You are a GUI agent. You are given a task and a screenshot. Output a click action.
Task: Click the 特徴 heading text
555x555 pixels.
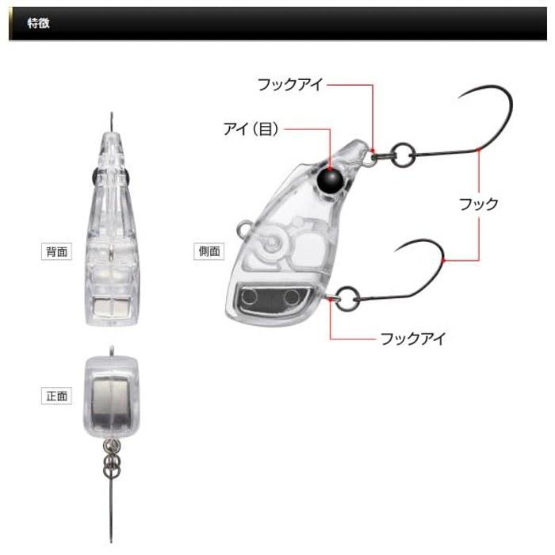coord(39,23)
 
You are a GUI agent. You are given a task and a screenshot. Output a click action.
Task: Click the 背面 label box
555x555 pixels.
coord(56,251)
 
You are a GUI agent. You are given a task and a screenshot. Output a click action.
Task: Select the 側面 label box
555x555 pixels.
coord(209,251)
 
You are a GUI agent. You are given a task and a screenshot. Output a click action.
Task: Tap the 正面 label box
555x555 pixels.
coord(56,396)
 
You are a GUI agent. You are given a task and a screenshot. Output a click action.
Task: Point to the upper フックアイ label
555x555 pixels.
coord(290,85)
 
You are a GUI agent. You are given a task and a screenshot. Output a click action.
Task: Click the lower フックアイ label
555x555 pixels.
coord(412,339)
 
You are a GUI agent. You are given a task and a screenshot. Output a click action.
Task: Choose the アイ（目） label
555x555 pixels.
coord(251,128)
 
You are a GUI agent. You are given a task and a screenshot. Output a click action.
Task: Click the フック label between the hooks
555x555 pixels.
coord(479,205)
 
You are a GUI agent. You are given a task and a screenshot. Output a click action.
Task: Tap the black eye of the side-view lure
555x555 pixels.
coord(330,182)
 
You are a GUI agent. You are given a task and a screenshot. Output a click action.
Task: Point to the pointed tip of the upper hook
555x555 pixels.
coord(459,98)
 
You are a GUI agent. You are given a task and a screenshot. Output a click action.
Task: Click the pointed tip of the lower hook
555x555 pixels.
coord(395,251)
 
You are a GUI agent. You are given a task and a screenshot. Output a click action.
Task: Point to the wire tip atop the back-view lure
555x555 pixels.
coord(112,113)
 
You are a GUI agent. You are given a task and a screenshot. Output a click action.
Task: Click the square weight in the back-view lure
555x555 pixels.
coord(112,306)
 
